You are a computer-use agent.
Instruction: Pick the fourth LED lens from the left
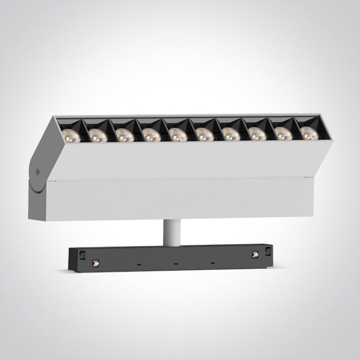pyautogui.click(x=149, y=135)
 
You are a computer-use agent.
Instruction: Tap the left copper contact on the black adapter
pyautogui.click(x=94, y=264)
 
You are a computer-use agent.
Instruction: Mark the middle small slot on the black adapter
pyautogui.click(x=175, y=265)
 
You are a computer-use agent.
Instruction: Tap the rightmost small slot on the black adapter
pyautogui.click(x=211, y=264)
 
